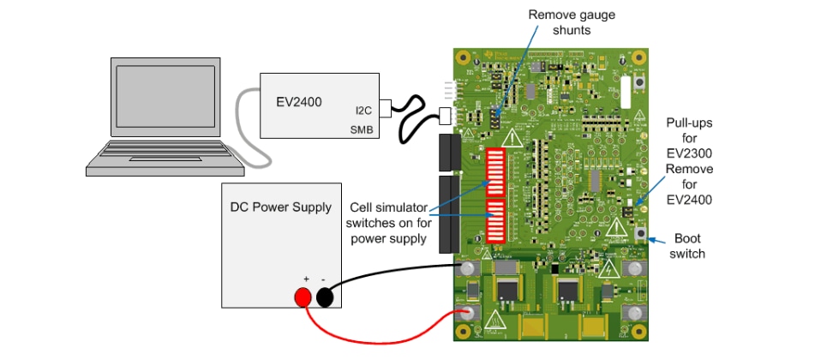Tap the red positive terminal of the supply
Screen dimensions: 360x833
(x=303, y=297)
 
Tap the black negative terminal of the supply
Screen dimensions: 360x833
(x=326, y=297)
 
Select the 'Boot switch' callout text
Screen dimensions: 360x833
(x=690, y=247)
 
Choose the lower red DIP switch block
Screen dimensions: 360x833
(x=498, y=221)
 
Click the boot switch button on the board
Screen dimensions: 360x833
(x=640, y=232)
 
